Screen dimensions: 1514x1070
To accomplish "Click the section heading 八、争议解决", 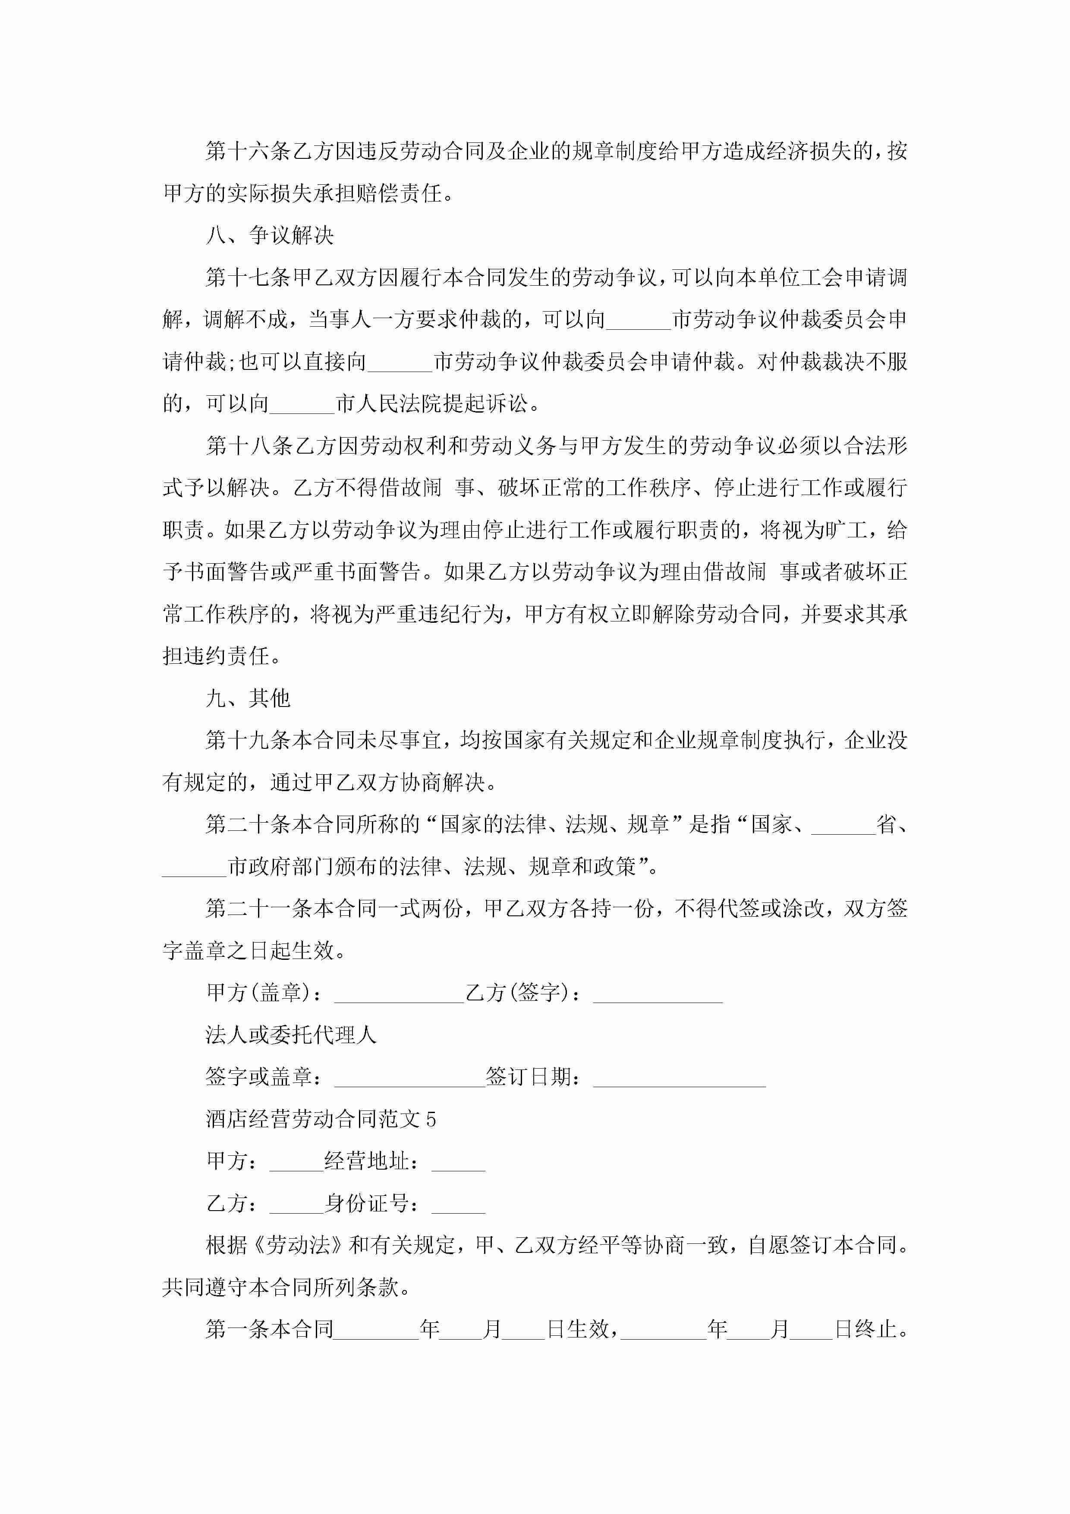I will coord(270,235).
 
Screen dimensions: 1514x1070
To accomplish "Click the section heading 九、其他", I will coord(248,698).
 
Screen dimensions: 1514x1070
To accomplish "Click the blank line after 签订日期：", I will coord(679,1078).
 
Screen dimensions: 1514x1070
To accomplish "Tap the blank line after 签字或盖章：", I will coord(409,1078).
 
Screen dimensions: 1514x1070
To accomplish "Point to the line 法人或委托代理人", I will coord(291,1035).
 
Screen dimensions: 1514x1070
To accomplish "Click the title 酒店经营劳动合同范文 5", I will coord(321,1120).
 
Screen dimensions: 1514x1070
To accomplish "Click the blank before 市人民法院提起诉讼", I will coord(302,405).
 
